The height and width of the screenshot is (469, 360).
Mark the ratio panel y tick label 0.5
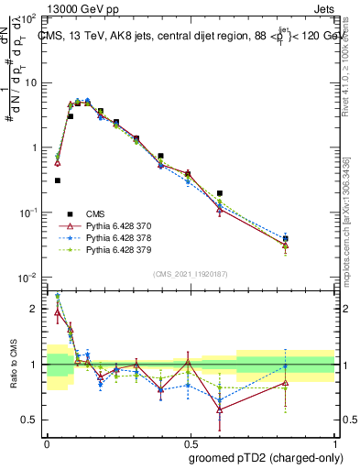[30, 420]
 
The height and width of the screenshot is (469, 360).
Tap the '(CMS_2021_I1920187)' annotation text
[191, 272]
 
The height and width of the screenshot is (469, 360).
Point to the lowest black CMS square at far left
[58, 180]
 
